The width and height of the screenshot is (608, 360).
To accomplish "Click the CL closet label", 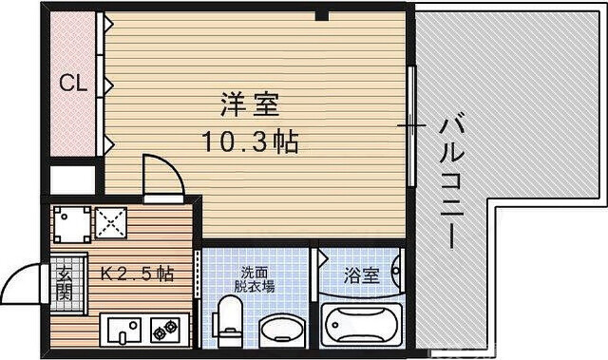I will (x=74, y=84).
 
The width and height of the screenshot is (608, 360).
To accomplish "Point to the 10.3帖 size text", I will (x=250, y=142).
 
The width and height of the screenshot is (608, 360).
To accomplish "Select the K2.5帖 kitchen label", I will (x=138, y=274).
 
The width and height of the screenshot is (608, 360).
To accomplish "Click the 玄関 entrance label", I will (x=66, y=282).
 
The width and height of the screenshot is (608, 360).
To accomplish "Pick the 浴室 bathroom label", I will (x=361, y=276).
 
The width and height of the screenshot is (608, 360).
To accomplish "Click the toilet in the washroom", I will (x=228, y=321).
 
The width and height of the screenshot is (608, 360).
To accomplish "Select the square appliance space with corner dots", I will (x=69, y=223).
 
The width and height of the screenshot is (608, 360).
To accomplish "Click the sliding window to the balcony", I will (x=411, y=125).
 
